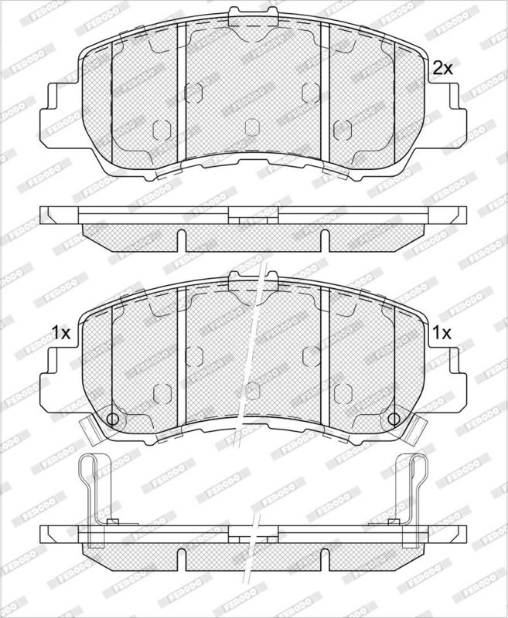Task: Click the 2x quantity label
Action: point(442,69)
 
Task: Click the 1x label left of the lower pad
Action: point(61,333)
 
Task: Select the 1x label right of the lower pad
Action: point(442,333)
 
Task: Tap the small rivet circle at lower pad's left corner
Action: point(112,419)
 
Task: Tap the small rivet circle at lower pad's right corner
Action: point(394,419)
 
